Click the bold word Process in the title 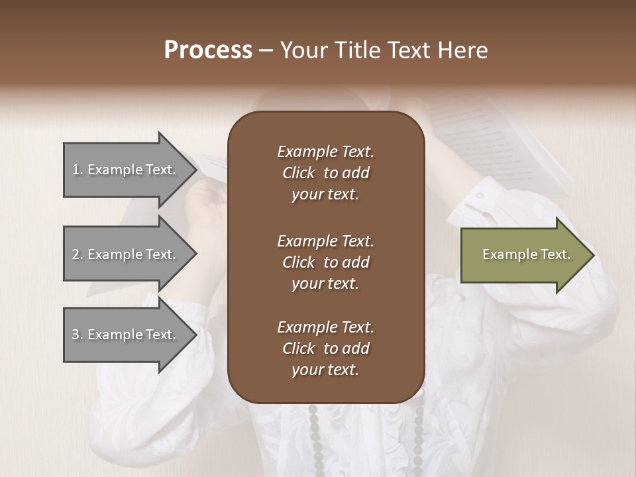click(208, 50)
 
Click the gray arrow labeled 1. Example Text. click(126, 170)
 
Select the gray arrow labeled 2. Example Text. click(126, 254)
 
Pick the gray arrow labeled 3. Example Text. click(126, 335)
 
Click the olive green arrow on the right click(523, 254)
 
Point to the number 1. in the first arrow click(78, 170)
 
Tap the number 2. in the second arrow click(78, 254)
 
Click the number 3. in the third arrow click(78, 335)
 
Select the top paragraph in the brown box click(325, 173)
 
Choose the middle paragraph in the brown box click(325, 262)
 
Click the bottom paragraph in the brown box click(325, 348)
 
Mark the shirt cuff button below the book click(480, 195)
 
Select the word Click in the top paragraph click(299, 173)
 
